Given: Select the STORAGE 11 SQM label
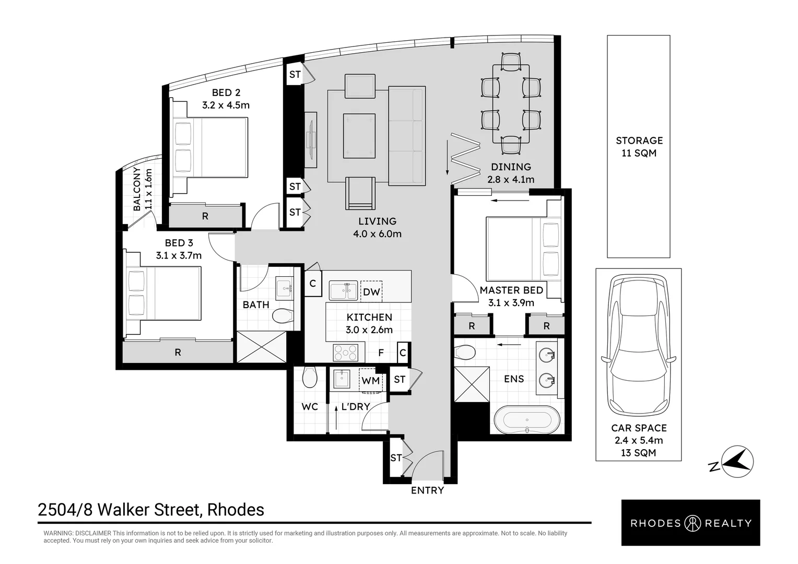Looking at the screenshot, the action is pos(639,146).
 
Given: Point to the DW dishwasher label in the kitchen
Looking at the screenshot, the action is pos(371,292).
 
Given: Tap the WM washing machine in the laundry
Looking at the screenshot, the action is pos(371,380).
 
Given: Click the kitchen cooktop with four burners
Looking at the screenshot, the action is pos(345,352).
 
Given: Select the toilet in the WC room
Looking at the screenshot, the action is pos(309,378).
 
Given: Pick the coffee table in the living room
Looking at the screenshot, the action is pos(359,135).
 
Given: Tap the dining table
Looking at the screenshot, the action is pos(511,104).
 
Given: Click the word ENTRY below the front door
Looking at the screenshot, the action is pos(427,490).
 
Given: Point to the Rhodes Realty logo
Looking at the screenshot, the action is pos(691,523).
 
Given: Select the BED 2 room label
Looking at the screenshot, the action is pos(226,92).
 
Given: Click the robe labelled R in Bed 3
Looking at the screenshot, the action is pos(178,352).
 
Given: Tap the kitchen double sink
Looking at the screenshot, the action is pos(343,290).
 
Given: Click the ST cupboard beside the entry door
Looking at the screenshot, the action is pos(396,458).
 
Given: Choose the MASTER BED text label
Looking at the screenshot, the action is pos(511,290).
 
